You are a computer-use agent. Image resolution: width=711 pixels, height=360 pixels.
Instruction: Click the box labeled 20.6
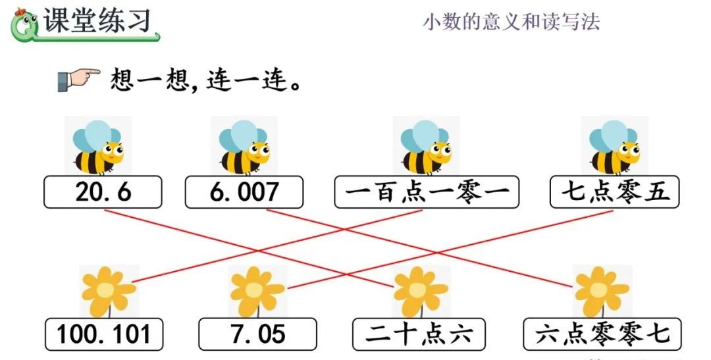(103, 192)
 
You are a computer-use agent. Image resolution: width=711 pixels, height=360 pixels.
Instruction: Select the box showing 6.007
(244, 192)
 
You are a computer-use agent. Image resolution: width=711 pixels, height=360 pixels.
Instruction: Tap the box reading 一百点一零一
(426, 192)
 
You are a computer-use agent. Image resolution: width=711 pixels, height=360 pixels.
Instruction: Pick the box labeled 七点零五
(615, 192)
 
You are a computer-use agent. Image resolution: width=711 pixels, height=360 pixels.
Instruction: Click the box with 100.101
(104, 334)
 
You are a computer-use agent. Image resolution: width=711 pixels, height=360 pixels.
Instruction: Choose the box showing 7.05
(257, 334)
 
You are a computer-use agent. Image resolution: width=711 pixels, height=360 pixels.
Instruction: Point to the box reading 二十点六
(419, 334)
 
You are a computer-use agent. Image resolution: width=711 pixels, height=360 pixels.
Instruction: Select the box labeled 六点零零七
(602, 334)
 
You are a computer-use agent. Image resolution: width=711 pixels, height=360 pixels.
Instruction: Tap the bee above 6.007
(244, 147)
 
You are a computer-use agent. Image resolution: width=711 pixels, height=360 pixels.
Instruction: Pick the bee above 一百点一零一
(426, 147)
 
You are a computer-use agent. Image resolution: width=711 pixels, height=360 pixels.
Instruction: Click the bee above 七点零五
(614, 147)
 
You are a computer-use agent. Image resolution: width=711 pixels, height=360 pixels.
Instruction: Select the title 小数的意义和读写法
(511, 22)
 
